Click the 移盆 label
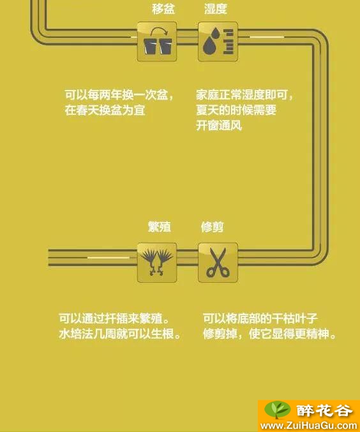point(163,8)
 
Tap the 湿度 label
point(216,8)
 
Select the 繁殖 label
point(160,227)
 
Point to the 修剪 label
point(212,227)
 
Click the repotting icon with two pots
point(157,41)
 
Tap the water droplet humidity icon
point(218,41)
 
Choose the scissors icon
point(218,262)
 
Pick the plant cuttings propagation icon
point(157,262)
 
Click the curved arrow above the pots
point(159,31)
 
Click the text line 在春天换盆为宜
point(105,110)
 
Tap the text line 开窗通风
point(219,126)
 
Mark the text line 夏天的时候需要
point(236,110)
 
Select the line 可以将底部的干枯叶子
point(260,318)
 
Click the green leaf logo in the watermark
point(277,410)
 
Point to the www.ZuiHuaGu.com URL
point(309,426)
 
